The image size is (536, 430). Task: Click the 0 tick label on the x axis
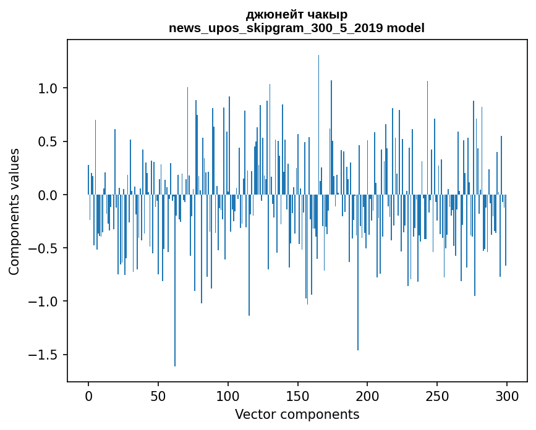tap(88, 395)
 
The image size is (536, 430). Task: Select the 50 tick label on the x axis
tap(158, 395)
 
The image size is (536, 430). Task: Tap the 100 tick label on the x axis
tap(228, 395)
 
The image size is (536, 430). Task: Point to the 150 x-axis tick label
tap(297, 395)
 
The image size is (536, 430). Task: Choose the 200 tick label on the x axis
tap(367, 395)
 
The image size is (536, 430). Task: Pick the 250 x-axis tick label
tap(437, 395)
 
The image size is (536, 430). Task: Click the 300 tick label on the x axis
tap(507, 395)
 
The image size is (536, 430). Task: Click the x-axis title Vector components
tap(297, 414)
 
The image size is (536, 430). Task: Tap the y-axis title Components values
tap(14, 211)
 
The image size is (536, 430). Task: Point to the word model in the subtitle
tap(406, 28)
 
